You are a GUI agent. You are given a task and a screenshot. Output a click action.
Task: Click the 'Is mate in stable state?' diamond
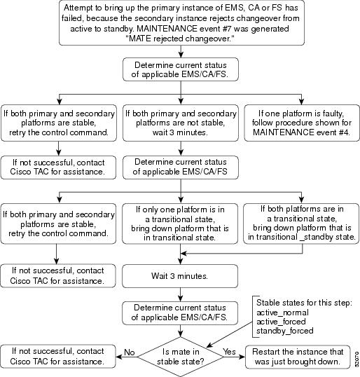[x=180, y=357]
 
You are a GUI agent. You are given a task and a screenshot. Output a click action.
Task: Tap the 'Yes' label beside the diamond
[x=229, y=352]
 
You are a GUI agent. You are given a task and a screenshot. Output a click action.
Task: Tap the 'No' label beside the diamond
[x=130, y=352]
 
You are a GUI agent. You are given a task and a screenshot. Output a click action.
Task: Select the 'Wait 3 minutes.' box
[x=180, y=276]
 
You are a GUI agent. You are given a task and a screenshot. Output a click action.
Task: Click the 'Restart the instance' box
[x=298, y=357]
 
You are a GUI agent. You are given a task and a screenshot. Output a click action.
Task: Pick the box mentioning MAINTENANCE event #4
[x=302, y=123]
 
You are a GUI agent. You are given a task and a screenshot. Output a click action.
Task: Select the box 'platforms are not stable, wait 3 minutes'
[x=181, y=123]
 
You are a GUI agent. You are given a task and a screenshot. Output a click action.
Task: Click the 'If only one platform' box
[x=180, y=224]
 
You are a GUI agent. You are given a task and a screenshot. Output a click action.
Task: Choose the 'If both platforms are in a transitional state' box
[x=301, y=224]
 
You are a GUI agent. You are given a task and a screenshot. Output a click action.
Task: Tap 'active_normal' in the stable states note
[x=282, y=313]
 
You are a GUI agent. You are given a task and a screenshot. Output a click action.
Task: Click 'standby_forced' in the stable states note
[x=285, y=331]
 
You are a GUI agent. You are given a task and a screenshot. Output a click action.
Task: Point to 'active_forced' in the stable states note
[x=281, y=322]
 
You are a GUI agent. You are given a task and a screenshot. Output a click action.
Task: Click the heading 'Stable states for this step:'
[x=304, y=303]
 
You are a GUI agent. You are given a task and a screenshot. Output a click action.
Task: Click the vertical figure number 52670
[x=356, y=359]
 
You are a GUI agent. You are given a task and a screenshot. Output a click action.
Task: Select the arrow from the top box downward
[x=181, y=51]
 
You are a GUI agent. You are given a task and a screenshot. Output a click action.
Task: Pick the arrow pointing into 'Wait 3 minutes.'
[x=180, y=254]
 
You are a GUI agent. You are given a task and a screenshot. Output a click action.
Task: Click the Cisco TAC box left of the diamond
[x=58, y=356]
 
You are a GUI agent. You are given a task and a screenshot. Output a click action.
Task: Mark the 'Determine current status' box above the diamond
[x=180, y=313]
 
